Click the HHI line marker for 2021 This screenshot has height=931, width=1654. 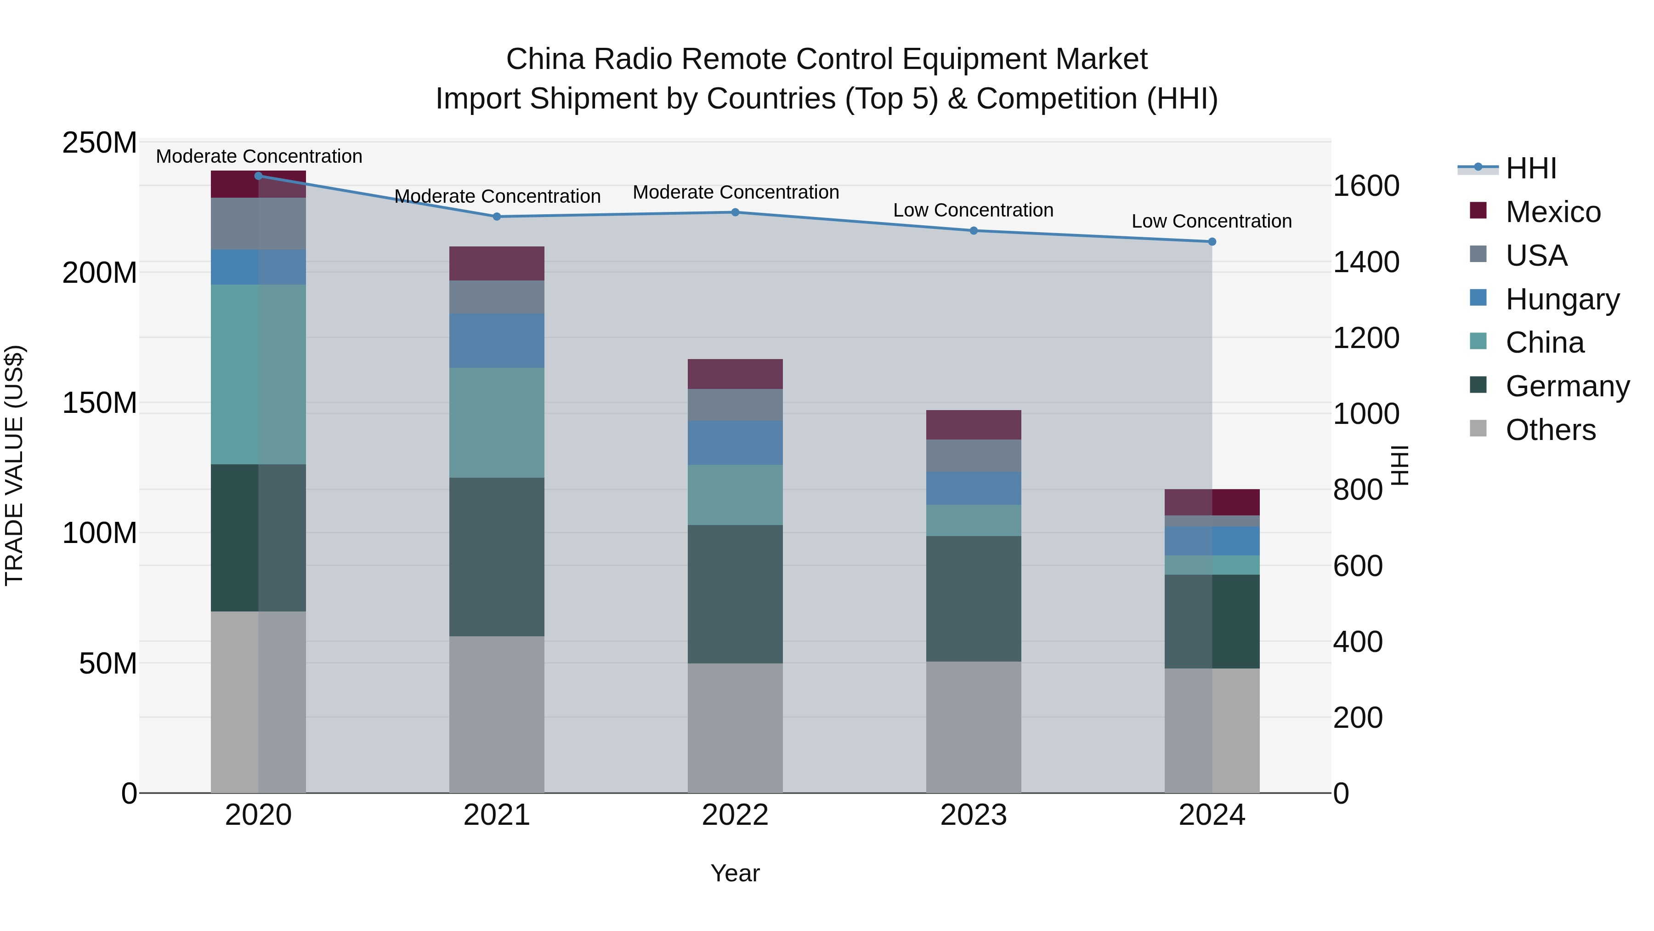(x=496, y=217)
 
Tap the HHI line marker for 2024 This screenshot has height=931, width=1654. (x=1212, y=241)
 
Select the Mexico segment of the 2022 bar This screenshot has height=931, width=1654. (x=735, y=374)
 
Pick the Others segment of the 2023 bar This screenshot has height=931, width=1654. (x=974, y=727)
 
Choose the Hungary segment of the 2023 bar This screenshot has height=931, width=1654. (x=974, y=488)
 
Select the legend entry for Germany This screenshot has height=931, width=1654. (x=1566, y=386)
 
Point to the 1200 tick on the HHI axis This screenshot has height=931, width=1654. (x=1366, y=338)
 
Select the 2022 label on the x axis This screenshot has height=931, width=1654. (x=735, y=815)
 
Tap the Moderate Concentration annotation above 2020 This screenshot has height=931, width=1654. (x=259, y=156)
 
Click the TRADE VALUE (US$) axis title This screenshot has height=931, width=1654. (x=14, y=465)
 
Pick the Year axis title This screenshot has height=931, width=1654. (x=735, y=873)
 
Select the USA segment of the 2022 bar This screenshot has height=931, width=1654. (x=735, y=405)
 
